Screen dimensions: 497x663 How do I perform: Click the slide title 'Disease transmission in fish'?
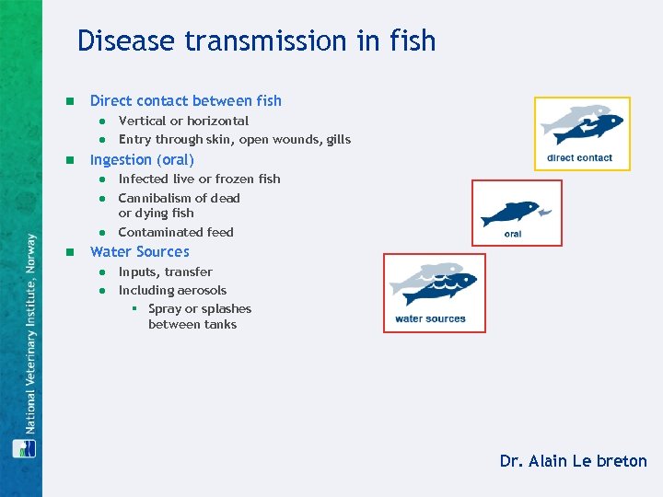[x=256, y=41]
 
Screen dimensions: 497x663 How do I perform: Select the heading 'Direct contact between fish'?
[x=185, y=100]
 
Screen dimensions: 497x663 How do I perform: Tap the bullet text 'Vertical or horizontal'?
[x=183, y=121]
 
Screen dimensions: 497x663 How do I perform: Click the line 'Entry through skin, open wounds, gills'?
[x=234, y=140]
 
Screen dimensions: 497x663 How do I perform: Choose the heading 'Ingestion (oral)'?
[x=142, y=159]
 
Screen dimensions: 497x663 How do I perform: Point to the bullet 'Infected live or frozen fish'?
[x=199, y=179]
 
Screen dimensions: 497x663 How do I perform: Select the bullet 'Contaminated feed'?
[x=176, y=232]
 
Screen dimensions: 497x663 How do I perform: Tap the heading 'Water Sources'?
[x=139, y=251]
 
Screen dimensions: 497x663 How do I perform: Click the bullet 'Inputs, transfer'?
[x=165, y=272]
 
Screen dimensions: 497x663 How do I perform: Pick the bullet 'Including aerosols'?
[x=172, y=290]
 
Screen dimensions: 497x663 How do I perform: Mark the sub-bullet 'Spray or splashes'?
[x=199, y=309]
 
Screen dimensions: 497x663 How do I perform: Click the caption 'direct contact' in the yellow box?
[x=579, y=157]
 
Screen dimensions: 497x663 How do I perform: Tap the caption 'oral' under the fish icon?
[x=513, y=234]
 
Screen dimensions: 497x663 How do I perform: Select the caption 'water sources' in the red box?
[x=430, y=319]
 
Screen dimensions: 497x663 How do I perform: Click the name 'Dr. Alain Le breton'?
[x=573, y=461]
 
